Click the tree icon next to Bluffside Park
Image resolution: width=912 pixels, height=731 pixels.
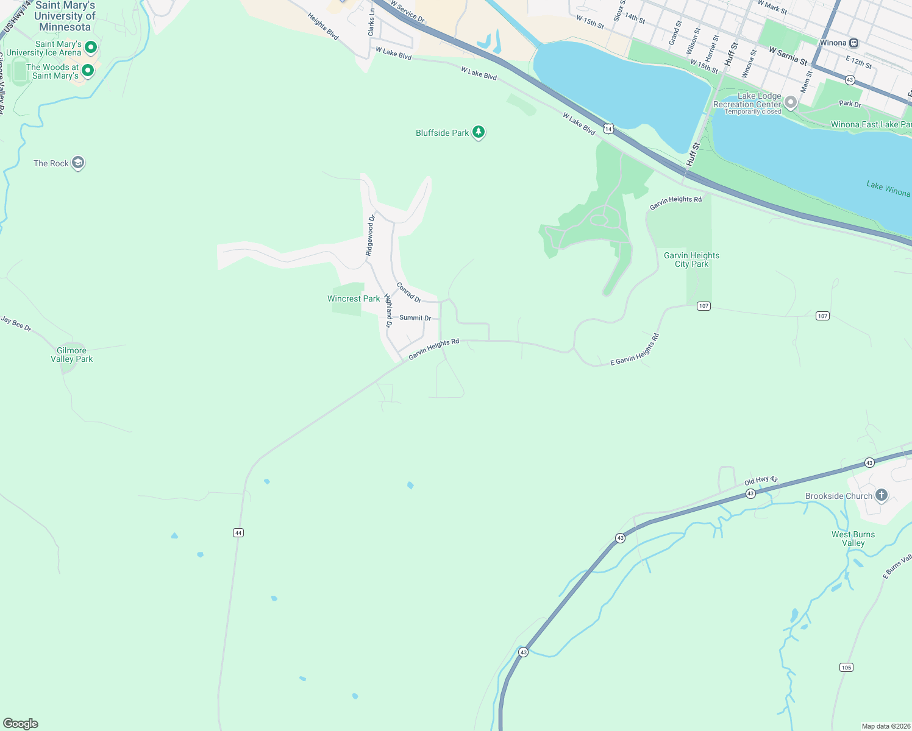(479, 132)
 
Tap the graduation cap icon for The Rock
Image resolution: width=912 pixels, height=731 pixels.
(77, 163)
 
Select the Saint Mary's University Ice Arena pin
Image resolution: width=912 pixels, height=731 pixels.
(91, 47)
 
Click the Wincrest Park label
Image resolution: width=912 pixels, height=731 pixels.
(354, 298)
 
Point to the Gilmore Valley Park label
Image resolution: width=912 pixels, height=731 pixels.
(72, 355)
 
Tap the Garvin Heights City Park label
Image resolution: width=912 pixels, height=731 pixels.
(692, 260)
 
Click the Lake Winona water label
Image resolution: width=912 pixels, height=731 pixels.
(888, 189)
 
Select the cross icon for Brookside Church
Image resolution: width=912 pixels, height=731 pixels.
(882, 495)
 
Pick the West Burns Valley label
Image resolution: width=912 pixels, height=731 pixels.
(853, 539)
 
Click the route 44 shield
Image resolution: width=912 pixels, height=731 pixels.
(238, 533)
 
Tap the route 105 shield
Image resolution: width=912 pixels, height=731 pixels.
(846, 668)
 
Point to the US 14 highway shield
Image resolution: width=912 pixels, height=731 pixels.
(608, 129)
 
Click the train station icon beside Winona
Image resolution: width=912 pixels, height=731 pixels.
(854, 43)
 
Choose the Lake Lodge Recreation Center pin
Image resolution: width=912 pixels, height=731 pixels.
(791, 102)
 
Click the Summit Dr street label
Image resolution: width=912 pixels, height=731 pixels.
(415, 318)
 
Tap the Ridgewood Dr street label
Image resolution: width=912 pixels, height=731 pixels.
(370, 235)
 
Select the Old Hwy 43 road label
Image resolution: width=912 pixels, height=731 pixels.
(761, 481)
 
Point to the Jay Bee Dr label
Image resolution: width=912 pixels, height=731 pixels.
(16, 323)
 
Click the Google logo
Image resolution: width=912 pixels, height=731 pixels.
(21, 724)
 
